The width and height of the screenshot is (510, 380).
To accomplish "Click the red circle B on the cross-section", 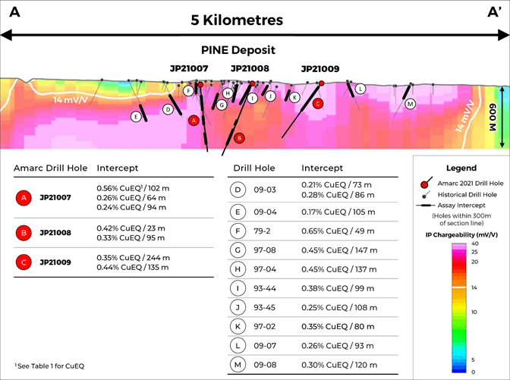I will pos(239,138).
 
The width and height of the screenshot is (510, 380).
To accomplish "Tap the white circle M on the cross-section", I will pos(410,104).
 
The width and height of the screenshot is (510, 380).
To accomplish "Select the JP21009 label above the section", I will pos(320,68).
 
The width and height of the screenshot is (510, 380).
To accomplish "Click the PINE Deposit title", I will pos(238,50).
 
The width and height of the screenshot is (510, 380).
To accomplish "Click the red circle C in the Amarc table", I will pos(24,262).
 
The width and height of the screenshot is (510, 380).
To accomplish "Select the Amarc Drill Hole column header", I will pos(52,168).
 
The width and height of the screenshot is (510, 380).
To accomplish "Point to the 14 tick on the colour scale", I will pos(472,288).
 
